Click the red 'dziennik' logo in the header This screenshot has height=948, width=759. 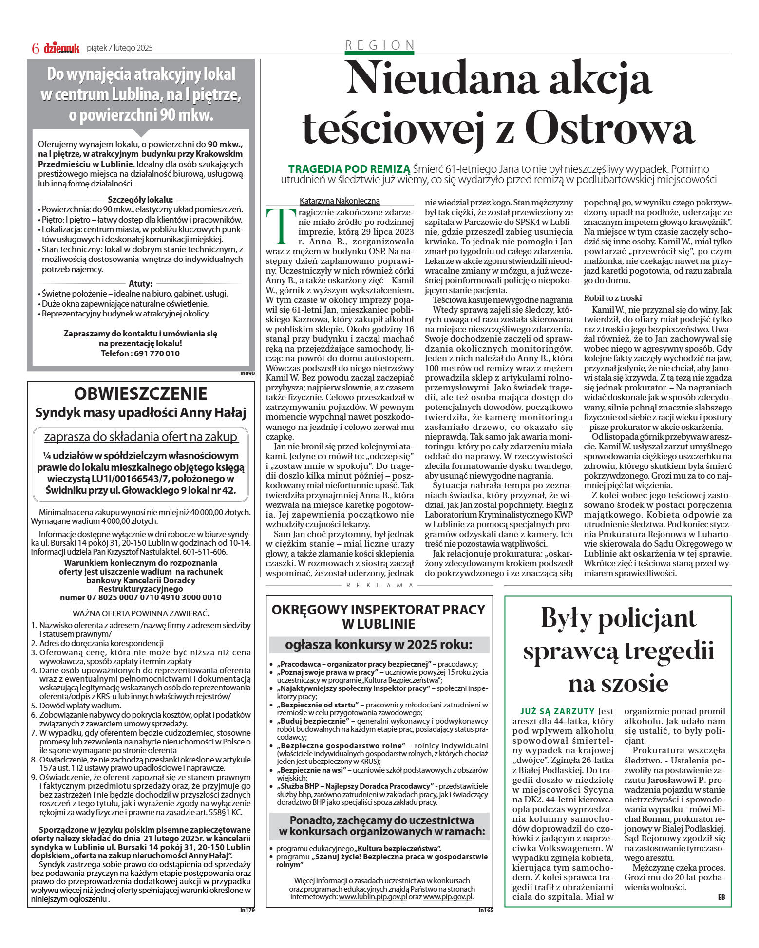tap(61, 48)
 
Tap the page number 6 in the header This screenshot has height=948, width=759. tap(36, 48)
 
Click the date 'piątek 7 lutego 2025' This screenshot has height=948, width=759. tap(119, 48)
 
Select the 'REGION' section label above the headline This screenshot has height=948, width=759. tap(379, 45)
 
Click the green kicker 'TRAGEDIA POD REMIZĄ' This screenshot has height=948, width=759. tap(349, 169)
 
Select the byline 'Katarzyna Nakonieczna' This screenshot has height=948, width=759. tap(340, 201)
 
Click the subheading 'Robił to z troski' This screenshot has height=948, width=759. tap(612, 298)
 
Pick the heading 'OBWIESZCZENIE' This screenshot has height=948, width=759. tap(141, 393)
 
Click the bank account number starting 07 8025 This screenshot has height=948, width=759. tap(140, 597)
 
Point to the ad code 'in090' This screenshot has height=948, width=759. tap(247, 373)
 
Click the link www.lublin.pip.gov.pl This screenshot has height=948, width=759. tap(373, 896)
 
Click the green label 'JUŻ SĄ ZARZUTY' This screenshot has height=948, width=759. tap(557, 711)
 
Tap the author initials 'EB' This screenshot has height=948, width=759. tap(721, 897)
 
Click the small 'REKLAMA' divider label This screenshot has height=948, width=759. tap(380, 585)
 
